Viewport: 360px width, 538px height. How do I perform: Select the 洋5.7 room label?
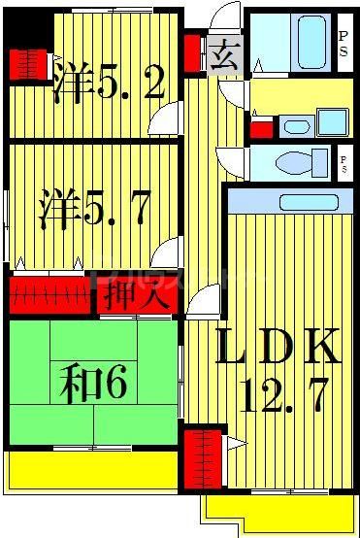point(93,210)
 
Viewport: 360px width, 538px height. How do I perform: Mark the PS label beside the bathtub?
point(343,43)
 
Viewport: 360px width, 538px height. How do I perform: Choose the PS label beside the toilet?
point(343,160)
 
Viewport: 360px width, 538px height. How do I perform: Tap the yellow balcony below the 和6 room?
point(92,469)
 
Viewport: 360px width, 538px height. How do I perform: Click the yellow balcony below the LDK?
point(279,510)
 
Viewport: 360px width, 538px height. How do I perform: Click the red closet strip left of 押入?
point(50,295)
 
